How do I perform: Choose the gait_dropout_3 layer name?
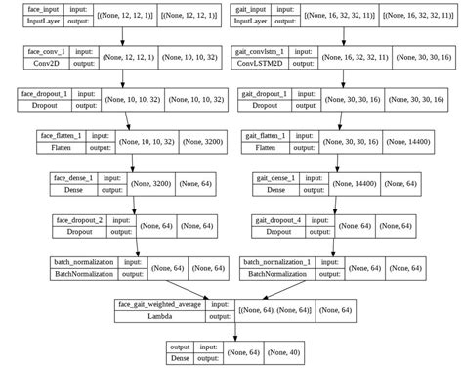coord(266,95)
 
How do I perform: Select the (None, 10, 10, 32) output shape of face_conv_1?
coord(194,60)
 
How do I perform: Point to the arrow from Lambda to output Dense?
coord(231,335)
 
